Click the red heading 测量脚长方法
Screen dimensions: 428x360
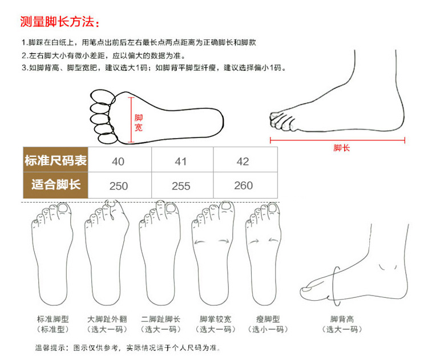(57, 22)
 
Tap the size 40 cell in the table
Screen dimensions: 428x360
(120, 160)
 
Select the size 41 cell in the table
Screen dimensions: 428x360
(183, 160)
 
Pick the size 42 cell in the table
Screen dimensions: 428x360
(245, 160)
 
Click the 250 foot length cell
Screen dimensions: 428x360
(120, 185)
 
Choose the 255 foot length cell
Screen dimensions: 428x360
(183, 185)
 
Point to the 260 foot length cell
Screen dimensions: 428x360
(245, 185)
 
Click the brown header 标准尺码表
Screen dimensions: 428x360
(55, 160)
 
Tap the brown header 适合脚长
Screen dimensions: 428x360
(56, 184)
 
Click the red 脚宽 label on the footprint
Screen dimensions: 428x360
(139, 123)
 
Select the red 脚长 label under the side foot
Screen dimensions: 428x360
(341, 148)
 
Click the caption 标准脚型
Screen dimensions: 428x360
(53, 319)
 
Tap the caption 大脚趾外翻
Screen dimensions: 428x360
(107, 319)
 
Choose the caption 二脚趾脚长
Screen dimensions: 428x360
(160, 319)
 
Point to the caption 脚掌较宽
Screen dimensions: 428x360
(215, 319)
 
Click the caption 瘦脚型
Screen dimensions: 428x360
(268, 319)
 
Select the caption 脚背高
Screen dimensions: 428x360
(342, 319)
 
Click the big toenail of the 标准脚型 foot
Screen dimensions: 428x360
(63, 208)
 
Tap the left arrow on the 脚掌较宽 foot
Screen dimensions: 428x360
(200, 242)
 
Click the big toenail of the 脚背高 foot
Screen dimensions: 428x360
(306, 288)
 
